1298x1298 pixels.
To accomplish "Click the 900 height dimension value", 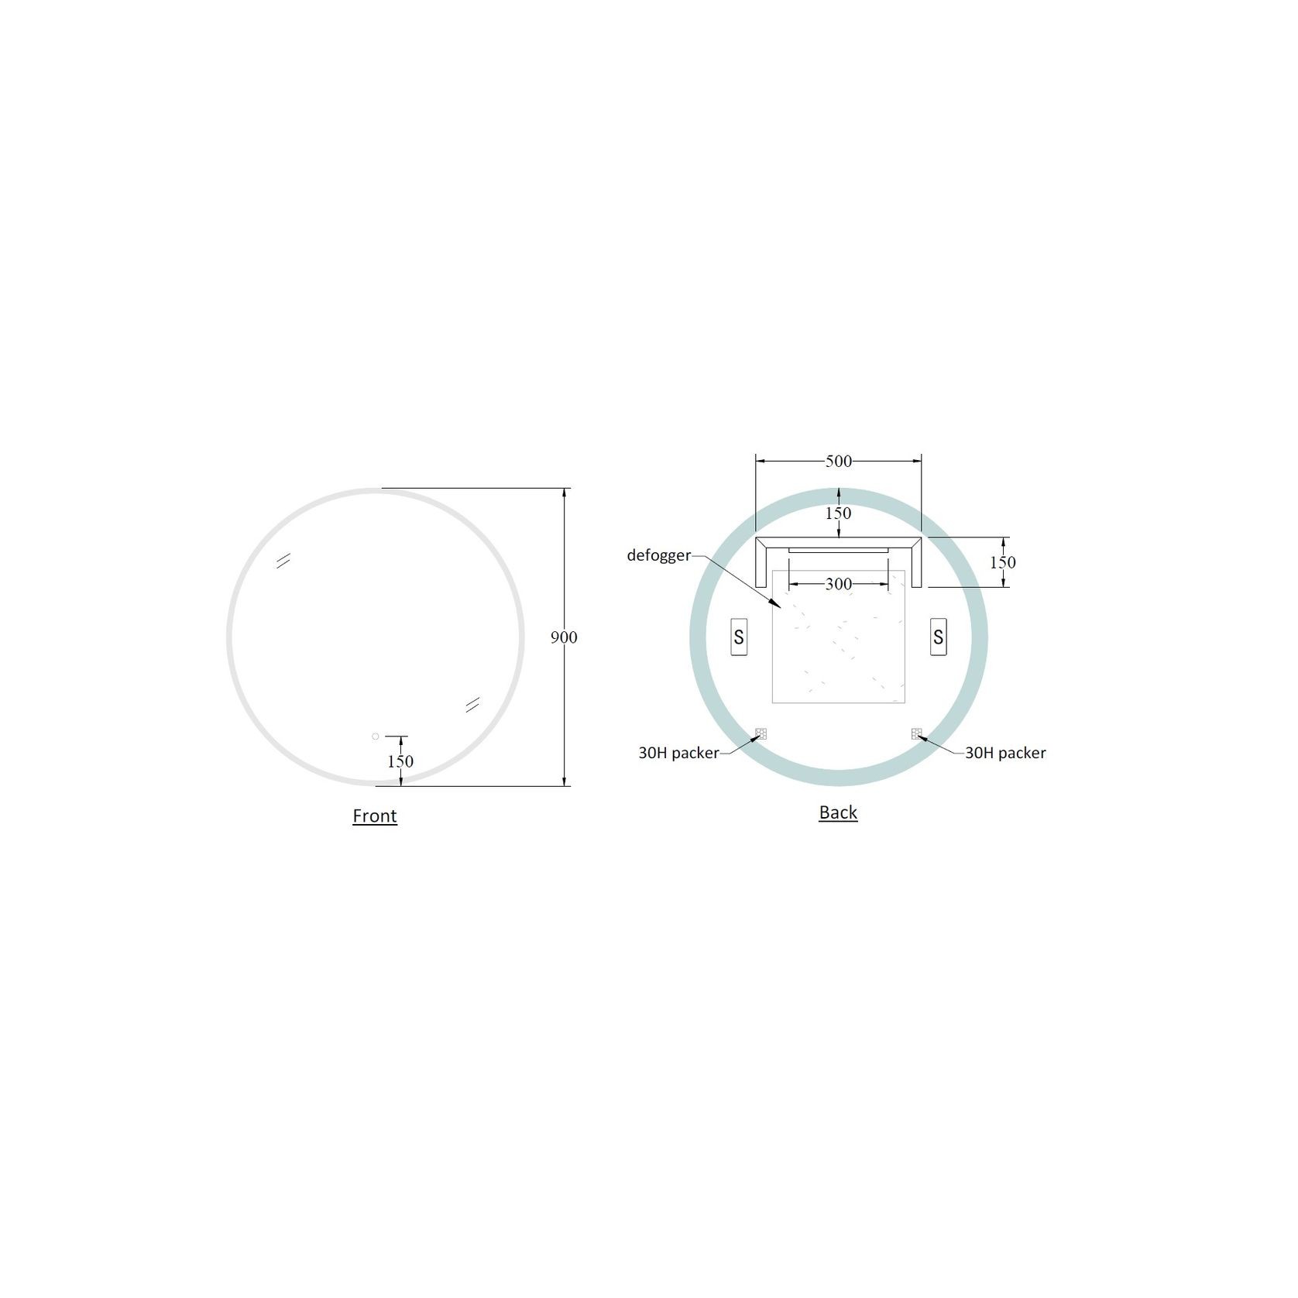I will tap(564, 637).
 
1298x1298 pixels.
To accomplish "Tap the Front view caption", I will tap(375, 816).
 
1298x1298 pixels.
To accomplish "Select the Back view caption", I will tap(838, 812).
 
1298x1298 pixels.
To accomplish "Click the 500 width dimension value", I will tap(838, 462).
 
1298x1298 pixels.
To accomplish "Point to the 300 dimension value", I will tap(838, 584).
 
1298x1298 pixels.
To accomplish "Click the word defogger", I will tap(658, 555).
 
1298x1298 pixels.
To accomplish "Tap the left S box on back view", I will tap(739, 637).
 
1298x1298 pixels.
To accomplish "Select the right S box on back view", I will tap(938, 637).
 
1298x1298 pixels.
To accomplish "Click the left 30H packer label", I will tap(678, 753).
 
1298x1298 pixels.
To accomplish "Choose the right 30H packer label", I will tap(1005, 753).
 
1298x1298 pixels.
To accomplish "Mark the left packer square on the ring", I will tap(761, 733).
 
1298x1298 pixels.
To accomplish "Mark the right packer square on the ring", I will tap(917, 733).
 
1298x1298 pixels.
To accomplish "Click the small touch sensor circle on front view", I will tap(376, 737).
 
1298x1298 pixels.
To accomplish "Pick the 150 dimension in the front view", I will tap(400, 761).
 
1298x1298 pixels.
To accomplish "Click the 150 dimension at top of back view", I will tap(838, 513).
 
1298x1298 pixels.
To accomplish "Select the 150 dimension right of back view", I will tap(1003, 562).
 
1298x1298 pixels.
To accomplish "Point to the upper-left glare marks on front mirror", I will tap(283, 561).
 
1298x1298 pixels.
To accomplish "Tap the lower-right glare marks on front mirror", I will tap(472, 703).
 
